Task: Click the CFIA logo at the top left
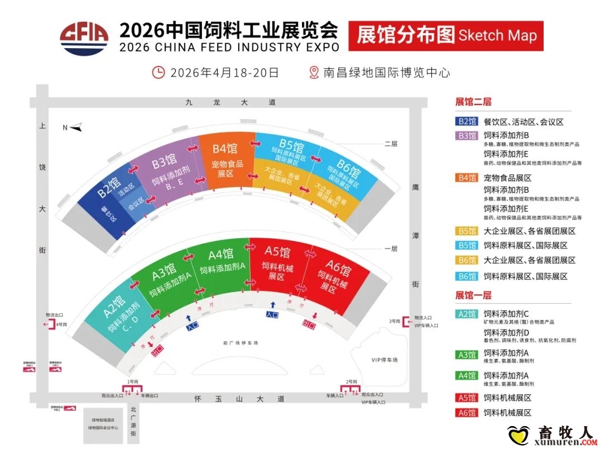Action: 85,37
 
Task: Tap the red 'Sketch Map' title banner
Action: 446,36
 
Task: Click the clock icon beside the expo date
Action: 159,72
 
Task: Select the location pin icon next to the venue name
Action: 314,72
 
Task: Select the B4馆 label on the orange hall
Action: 224,149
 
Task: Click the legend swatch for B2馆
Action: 466,121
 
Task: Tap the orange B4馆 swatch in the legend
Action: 466,178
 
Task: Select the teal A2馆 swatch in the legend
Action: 466,314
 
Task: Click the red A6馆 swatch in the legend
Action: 466,413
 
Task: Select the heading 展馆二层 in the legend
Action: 474,102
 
